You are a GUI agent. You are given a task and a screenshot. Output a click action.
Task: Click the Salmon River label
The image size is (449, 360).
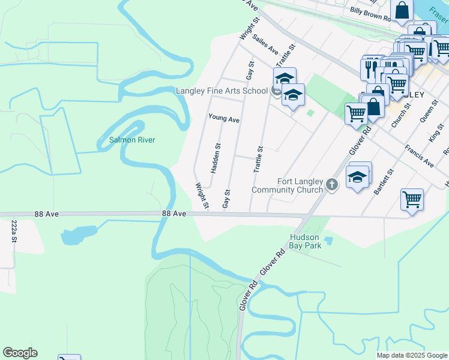[x=131, y=140]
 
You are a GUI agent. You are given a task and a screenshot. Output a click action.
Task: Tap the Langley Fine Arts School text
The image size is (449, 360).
[x=221, y=91]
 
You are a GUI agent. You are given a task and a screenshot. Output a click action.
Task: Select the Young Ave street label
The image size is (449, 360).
[x=224, y=119]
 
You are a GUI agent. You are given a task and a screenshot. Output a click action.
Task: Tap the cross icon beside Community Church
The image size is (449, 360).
[x=333, y=186]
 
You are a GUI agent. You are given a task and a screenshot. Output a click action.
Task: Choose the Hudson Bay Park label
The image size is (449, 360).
[x=306, y=241]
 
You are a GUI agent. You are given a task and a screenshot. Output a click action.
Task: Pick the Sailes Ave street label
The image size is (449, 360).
[x=266, y=43]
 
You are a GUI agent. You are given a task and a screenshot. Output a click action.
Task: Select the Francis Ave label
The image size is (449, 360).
[x=419, y=155]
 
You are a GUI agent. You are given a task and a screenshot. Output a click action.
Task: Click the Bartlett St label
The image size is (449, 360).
[x=384, y=181]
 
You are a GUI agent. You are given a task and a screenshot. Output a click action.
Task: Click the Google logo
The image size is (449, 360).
[x=20, y=353]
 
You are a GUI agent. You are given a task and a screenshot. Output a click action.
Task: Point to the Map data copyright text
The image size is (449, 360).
[x=412, y=355]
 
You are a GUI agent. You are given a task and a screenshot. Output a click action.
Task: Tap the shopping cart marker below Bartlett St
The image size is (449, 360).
[x=412, y=200]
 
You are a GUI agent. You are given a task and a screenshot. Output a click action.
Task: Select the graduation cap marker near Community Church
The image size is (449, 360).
[x=357, y=178]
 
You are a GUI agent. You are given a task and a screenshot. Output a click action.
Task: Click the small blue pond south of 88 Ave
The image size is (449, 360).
[x=77, y=234]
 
